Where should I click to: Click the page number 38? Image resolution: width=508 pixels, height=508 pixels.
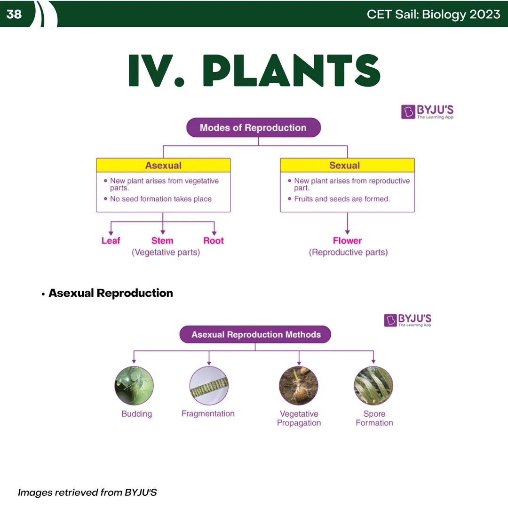click(x=14, y=14)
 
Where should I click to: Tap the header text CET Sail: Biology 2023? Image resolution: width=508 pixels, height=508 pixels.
click(x=433, y=14)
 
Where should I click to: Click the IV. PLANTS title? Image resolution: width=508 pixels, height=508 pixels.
click(x=254, y=71)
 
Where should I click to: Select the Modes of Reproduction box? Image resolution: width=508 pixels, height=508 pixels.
click(x=253, y=127)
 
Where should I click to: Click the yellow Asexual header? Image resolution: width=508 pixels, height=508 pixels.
click(x=163, y=165)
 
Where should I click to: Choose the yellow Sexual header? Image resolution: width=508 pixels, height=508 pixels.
click(x=347, y=165)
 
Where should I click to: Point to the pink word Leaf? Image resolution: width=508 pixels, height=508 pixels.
click(x=111, y=241)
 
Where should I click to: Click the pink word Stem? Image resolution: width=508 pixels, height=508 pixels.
click(x=162, y=241)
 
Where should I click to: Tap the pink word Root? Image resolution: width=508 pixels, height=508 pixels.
click(x=214, y=241)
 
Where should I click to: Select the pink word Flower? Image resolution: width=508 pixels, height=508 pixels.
click(x=347, y=241)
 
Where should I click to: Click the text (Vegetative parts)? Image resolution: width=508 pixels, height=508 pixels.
click(x=166, y=253)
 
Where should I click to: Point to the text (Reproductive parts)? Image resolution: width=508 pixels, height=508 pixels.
click(x=348, y=253)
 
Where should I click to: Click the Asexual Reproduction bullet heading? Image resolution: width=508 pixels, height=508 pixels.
click(x=111, y=293)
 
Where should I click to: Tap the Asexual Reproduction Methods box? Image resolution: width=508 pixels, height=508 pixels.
click(x=255, y=335)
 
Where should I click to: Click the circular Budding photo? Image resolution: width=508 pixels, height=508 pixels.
click(x=134, y=386)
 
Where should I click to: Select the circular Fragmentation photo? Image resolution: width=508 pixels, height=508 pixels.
click(x=209, y=386)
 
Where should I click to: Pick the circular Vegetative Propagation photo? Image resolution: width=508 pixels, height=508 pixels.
click(x=299, y=386)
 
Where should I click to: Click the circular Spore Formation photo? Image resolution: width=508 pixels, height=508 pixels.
click(x=373, y=386)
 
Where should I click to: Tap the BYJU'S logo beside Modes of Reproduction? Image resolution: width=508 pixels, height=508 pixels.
click(x=427, y=112)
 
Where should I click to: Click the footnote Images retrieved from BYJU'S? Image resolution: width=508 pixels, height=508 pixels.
click(x=87, y=492)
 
